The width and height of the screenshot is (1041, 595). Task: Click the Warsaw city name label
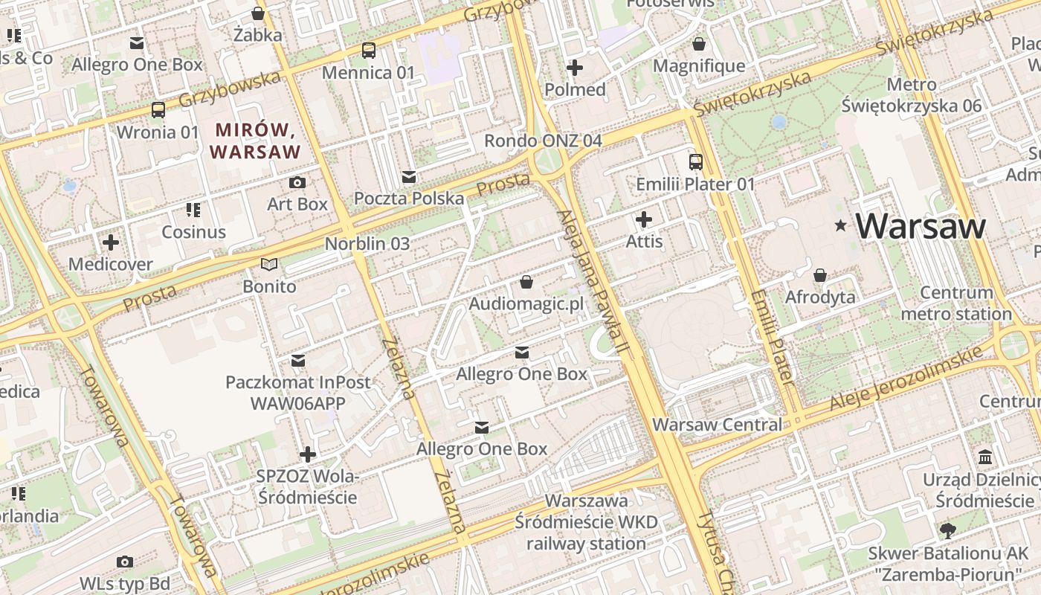click(x=921, y=226)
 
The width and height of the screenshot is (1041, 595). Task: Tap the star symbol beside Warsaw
click(x=841, y=225)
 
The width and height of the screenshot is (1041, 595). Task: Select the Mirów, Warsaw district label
click(x=255, y=141)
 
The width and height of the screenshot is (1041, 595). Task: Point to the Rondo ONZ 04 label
click(x=543, y=141)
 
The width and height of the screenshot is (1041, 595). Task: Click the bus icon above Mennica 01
click(x=368, y=51)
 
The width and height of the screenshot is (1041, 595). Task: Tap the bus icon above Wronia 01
click(x=158, y=110)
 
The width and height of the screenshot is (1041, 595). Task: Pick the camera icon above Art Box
click(x=297, y=182)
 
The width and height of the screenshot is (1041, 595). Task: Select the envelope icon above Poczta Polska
click(x=408, y=176)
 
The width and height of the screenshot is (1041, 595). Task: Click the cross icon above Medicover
click(x=110, y=242)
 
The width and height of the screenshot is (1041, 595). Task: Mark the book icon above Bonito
click(x=269, y=264)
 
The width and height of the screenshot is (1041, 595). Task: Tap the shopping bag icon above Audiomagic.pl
click(x=526, y=282)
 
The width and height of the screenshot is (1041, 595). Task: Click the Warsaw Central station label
click(x=717, y=425)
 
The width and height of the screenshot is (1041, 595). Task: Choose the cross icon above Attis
click(x=644, y=219)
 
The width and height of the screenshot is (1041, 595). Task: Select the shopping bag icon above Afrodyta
click(x=820, y=275)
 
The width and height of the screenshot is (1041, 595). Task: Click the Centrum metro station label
click(x=956, y=303)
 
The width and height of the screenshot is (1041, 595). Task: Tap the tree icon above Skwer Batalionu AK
click(x=947, y=531)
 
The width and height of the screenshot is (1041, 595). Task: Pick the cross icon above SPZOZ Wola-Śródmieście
click(x=307, y=454)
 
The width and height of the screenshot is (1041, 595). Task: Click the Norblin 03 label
click(x=367, y=243)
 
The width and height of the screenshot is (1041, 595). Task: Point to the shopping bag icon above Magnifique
click(x=698, y=44)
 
